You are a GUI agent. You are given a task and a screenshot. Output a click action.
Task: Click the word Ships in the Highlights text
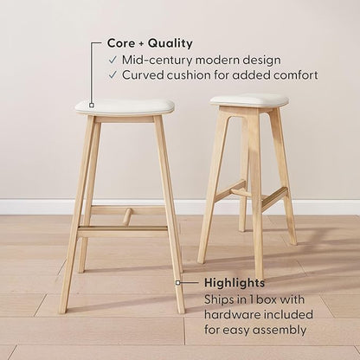[221, 299]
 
